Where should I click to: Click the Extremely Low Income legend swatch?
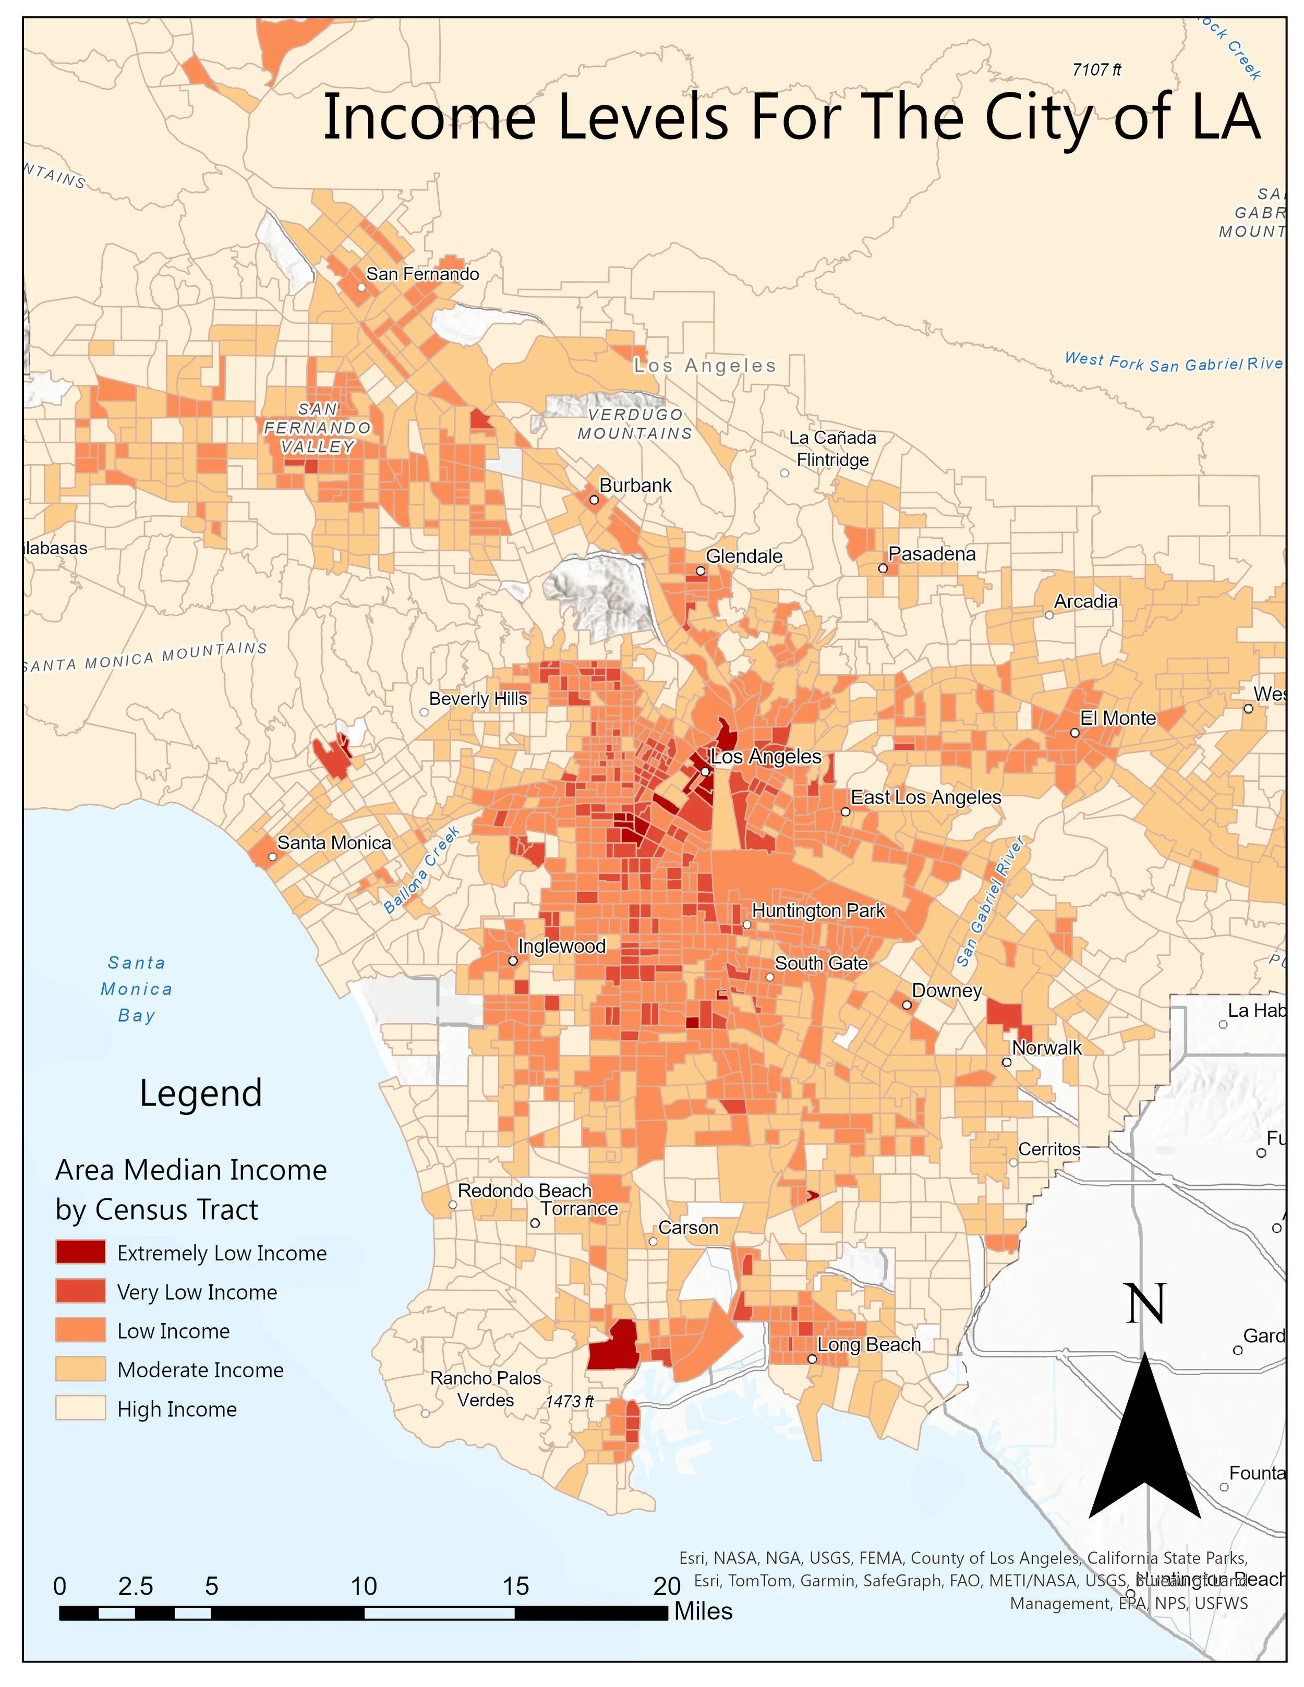[x=80, y=1252]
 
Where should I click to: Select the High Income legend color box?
[x=80, y=1408]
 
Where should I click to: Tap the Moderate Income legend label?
[x=200, y=1369]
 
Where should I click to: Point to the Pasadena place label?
[x=932, y=554]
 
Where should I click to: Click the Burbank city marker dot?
[x=594, y=500]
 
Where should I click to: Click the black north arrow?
[x=1145, y=1452]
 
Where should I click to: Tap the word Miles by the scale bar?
[x=703, y=1611]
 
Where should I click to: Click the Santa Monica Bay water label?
[x=137, y=989]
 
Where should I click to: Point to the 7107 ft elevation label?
[x=1096, y=69]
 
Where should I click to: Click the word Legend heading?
[x=201, y=1093]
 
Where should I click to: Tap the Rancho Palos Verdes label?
[x=485, y=1389]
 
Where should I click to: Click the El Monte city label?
[x=1118, y=718]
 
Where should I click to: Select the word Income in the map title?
[x=429, y=117]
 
